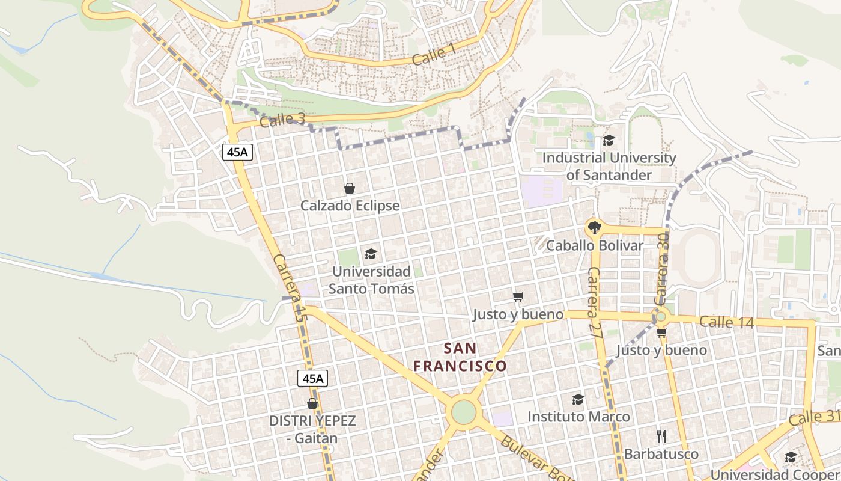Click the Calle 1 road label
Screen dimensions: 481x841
433,55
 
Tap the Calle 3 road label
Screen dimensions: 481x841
282,120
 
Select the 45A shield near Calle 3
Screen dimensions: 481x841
237,152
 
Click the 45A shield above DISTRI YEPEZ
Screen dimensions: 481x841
312,378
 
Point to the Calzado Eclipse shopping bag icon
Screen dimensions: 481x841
350,189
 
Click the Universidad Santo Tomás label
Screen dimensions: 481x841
371,280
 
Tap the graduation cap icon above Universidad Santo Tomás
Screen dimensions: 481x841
371,254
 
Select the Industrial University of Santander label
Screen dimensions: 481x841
609,166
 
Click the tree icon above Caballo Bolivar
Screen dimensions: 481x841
594,228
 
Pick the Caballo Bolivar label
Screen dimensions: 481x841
594,245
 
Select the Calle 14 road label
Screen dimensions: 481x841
726,322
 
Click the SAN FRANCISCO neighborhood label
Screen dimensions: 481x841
461,357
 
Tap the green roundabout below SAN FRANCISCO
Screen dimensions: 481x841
463,412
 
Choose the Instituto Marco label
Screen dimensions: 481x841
578,417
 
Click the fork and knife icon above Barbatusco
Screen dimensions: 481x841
661,437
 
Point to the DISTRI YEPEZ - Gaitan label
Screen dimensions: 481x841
312,429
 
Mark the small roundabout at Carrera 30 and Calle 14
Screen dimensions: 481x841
661,316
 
